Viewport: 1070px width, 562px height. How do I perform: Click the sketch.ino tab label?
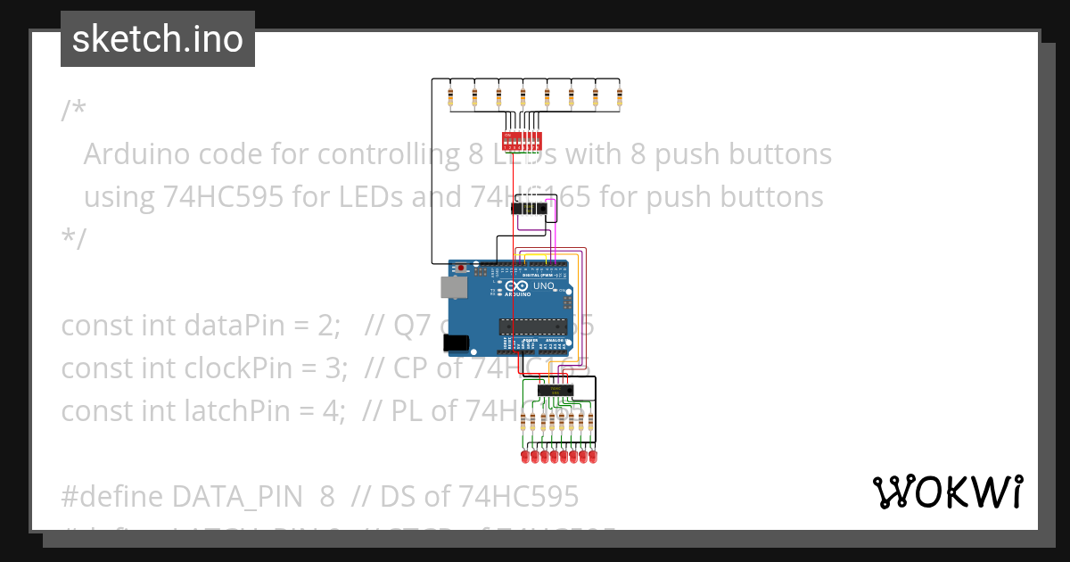click(158, 39)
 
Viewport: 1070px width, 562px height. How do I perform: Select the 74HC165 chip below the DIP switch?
click(530, 209)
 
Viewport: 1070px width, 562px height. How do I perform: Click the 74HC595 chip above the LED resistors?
click(555, 390)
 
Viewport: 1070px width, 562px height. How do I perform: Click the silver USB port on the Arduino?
click(453, 286)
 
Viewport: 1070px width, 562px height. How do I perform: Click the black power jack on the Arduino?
click(457, 342)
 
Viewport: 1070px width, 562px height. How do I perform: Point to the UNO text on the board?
click(543, 287)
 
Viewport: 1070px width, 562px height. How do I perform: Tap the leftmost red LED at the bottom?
click(524, 457)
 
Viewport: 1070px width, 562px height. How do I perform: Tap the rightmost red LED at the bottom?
click(592, 457)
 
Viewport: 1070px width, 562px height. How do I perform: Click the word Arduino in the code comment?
click(136, 154)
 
